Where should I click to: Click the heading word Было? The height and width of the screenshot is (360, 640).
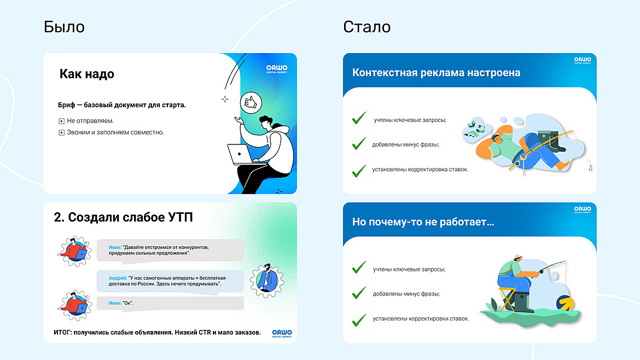pos(64,27)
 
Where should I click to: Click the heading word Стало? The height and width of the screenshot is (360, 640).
pos(366,27)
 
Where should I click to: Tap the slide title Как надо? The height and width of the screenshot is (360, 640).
pos(86,74)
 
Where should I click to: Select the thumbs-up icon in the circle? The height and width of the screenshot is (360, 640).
pos(251,101)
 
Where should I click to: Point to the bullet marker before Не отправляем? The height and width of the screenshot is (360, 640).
pos(62,121)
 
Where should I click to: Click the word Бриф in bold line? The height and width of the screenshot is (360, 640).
pos(66,104)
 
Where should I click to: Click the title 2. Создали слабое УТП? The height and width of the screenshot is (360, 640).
pos(123,217)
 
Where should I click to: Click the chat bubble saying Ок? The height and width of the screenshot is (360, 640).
pos(170,303)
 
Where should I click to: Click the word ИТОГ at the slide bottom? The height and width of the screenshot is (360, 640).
pos(65,333)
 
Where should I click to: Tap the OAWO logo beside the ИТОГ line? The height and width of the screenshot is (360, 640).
pos(282,333)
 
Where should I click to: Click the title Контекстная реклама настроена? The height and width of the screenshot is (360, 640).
pos(436,73)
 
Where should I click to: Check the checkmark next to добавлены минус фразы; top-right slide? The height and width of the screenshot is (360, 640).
pos(359,144)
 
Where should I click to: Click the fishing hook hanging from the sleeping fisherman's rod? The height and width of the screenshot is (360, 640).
pos(590,167)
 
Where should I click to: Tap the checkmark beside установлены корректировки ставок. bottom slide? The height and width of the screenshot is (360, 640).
pos(359,318)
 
